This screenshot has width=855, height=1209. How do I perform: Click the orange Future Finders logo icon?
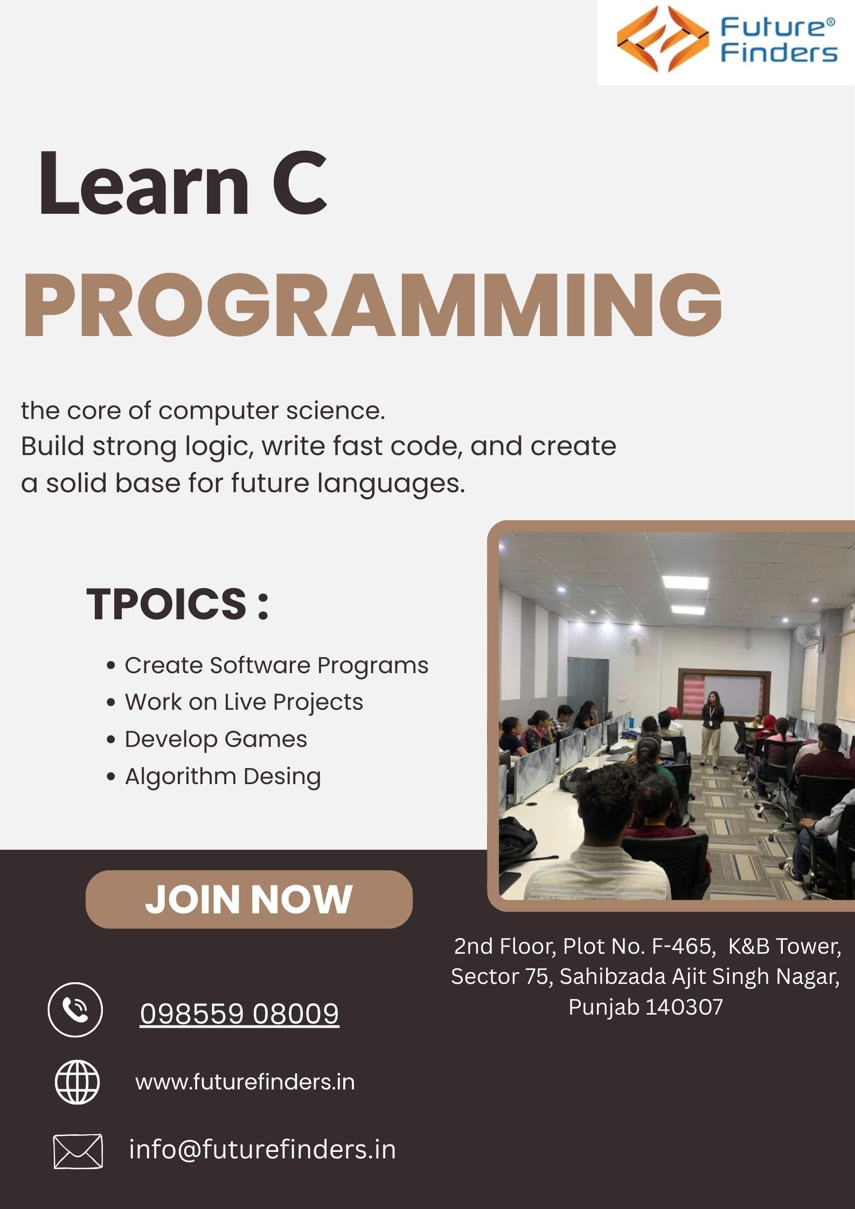click(663, 39)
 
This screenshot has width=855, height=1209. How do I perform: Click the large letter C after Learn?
click(300, 183)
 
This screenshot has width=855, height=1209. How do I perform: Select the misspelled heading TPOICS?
click(166, 604)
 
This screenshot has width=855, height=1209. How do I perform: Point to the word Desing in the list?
click(282, 777)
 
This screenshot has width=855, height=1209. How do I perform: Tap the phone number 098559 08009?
click(239, 1014)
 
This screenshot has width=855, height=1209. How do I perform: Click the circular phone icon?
click(75, 1010)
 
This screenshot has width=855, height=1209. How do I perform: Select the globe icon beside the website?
click(78, 1082)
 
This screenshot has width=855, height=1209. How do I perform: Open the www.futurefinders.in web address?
click(245, 1082)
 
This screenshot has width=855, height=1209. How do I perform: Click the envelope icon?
click(78, 1151)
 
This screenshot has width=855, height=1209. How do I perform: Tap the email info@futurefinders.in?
click(262, 1150)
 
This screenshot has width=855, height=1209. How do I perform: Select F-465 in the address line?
click(684, 946)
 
